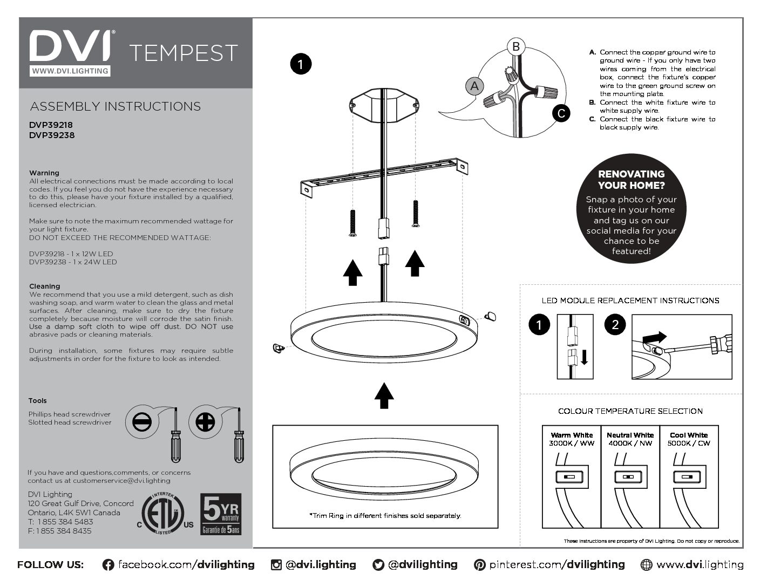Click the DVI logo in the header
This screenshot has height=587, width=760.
(x=70, y=47)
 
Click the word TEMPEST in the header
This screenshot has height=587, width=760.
(x=184, y=53)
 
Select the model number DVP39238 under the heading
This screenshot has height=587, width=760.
(x=52, y=135)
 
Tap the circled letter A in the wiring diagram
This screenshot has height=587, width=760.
(x=474, y=86)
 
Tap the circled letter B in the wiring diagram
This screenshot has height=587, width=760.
(x=515, y=46)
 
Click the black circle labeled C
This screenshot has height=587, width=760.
(x=561, y=113)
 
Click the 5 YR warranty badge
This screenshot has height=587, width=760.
(x=221, y=514)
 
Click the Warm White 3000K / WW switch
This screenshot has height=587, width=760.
(x=569, y=477)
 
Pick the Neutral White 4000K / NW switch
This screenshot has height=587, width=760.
(x=628, y=477)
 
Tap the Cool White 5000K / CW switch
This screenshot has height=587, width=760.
(x=687, y=477)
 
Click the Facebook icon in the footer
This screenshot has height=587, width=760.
(x=108, y=565)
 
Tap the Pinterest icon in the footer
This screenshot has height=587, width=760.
(x=479, y=565)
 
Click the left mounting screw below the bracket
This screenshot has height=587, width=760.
(x=352, y=222)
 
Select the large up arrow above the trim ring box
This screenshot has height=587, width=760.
(x=384, y=395)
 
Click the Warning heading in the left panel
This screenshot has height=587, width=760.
(x=44, y=173)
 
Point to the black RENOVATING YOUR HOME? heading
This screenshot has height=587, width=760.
(x=631, y=180)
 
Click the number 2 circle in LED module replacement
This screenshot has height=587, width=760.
(x=615, y=324)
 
